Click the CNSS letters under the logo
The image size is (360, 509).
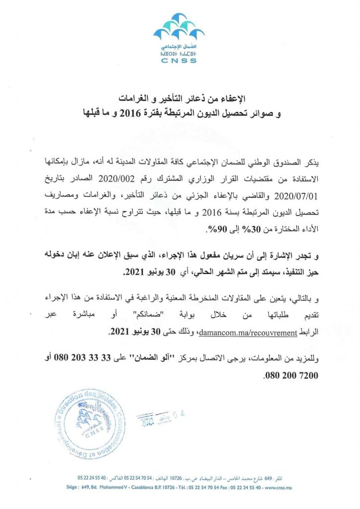point(180,61)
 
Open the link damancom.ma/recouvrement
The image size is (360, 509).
point(248,333)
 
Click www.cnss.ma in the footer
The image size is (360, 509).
point(278,488)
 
